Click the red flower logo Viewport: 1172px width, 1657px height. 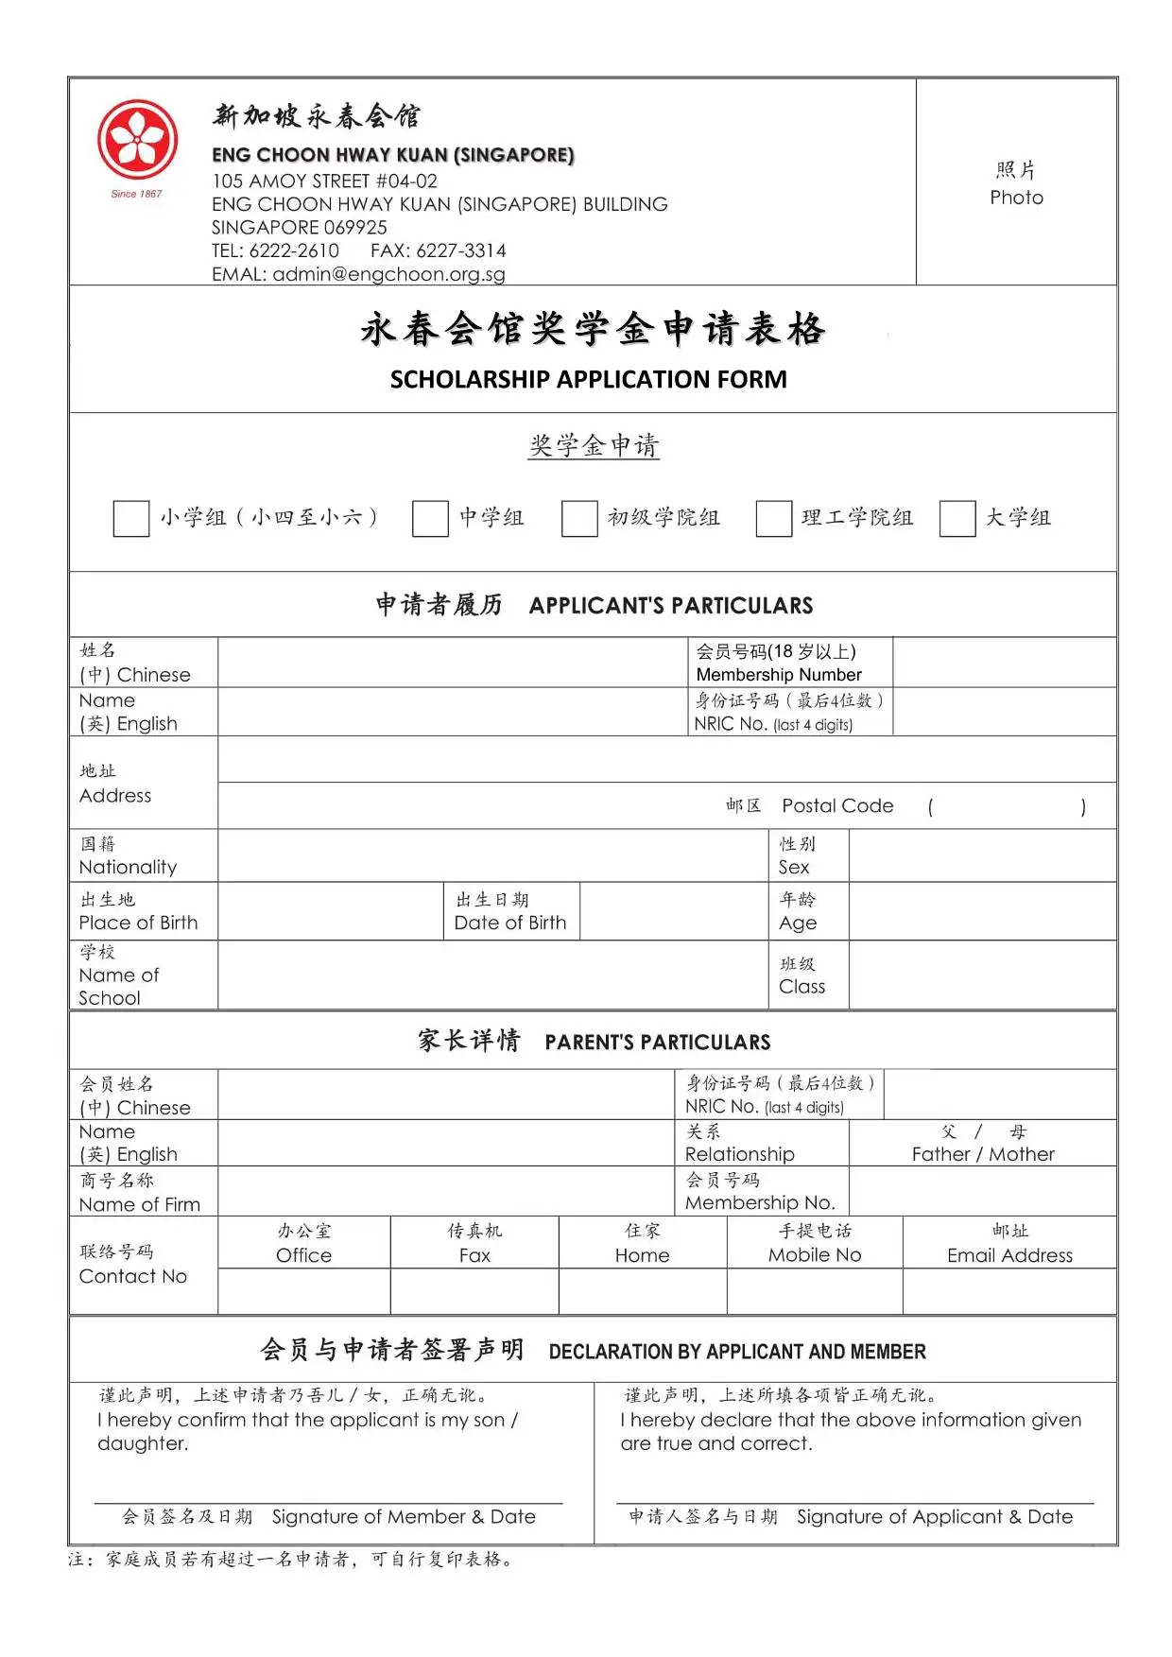pos(138,140)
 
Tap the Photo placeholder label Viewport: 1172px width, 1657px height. pos(1016,197)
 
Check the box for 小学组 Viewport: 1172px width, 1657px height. pos(131,519)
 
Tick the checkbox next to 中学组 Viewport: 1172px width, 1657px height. pos(430,519)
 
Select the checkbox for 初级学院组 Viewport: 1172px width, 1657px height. pos(579,519)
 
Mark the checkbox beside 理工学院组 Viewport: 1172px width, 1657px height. pos(773,519)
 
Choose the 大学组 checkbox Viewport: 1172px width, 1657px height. pos(957,519)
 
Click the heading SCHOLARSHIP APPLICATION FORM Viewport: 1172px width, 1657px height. pos(588,380)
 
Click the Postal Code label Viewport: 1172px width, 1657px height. pos(836,805)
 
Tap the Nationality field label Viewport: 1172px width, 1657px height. pos(128,867)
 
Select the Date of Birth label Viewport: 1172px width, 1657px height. pos(510,923)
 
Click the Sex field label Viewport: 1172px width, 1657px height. pos(794,867)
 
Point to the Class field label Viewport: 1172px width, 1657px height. pos(801,986)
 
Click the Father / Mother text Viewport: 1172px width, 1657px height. pos(983,1154)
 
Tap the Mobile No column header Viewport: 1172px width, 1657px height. pos(815,1255)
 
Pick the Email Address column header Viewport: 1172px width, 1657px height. pos(1009,1255)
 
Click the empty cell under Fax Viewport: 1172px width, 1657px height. pos(474,1291)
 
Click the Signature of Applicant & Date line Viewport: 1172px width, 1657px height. pos(854,1503)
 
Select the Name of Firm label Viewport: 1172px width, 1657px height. pos(140,1204)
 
